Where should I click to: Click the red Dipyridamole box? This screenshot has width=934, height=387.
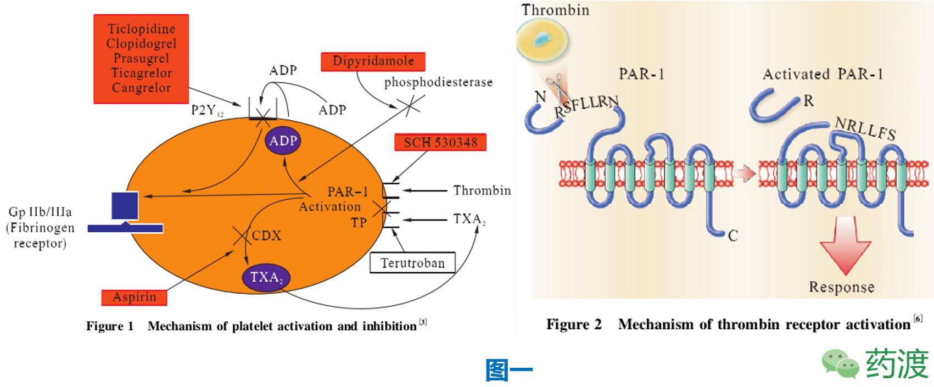[x=372, y=61]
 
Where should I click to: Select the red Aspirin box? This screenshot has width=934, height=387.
[x=135, y=298]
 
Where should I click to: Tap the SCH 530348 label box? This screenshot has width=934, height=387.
[x=440, y=143]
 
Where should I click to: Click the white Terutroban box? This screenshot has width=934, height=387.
[x=413, y=263]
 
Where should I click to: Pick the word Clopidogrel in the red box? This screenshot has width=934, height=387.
[x=141, y=44]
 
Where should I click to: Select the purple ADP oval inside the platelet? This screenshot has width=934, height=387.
[x=283, y=141]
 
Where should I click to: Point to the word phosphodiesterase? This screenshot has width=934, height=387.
[x=438, y=82]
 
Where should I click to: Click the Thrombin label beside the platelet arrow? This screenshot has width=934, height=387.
[x=482, y=190]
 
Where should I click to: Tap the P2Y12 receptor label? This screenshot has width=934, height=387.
[x=207, y=111]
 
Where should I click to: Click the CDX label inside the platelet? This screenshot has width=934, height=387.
[x=266, y=236]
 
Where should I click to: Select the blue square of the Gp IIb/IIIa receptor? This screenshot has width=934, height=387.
[x=125, y=206]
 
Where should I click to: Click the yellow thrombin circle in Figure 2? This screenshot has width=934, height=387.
[x=542, y=39]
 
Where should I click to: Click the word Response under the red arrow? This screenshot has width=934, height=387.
[x=841, y=287]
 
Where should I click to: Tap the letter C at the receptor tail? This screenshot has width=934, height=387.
[x=732, y=236]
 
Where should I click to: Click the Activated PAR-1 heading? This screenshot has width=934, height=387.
[x=823, y=74]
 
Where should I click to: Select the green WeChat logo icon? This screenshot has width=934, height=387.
[x=840, y=363]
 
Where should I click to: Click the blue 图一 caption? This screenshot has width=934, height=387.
[x=509, y=371]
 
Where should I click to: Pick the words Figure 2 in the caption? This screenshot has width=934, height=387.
[x=573, y=324]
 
